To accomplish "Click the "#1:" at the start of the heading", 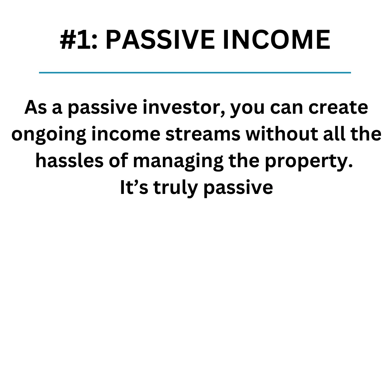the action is tap(78, 40).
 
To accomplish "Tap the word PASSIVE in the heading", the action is tap(160, 40).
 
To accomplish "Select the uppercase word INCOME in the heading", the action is tap(276, 40).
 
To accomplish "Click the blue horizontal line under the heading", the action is tap(195, 73).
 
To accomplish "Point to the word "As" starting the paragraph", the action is tap(35, 107).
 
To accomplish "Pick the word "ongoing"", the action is tap(49, 135).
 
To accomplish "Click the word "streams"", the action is tap(203, 134).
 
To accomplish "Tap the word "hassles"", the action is tap(69, 160).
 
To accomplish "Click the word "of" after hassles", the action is tap(118, 160).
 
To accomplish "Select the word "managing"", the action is tap(178, 162).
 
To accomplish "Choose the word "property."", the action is tap(309, 162).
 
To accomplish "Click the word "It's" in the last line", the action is tap(134, 187).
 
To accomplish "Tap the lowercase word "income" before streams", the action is tap(126, 134).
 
